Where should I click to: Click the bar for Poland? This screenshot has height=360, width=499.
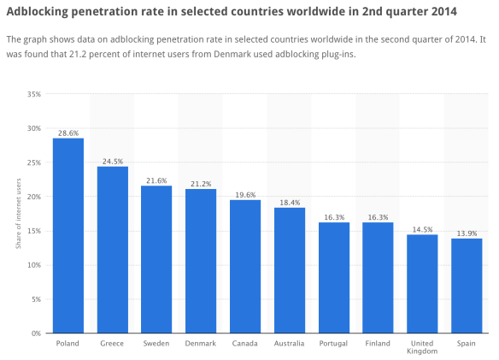click(68, 235)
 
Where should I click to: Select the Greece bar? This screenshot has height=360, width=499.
click(112, 250)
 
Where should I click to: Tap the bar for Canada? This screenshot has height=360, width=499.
click(245, 266)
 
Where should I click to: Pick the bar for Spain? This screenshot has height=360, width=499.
click(467, 286)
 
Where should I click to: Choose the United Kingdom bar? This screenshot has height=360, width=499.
click(422, 284)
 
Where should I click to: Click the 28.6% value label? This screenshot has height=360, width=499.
click(68, 133)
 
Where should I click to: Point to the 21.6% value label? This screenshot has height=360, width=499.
click(156, 181)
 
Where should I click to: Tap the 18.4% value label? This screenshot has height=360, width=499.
click(290, 203)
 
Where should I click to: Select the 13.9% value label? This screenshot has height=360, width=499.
click(467, 233)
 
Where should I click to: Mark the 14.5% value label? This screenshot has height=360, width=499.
click(422, 229)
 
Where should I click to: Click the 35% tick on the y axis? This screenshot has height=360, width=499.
click(33, 94)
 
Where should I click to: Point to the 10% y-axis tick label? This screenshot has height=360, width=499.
click(33, 265)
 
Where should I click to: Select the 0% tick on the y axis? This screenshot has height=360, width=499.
click(35, 333)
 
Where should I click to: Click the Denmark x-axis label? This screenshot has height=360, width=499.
click(201, 344)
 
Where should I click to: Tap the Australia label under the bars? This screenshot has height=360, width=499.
click(290, 344)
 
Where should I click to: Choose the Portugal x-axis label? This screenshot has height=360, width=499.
click(334, 344)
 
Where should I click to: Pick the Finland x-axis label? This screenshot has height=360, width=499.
click(378, 344)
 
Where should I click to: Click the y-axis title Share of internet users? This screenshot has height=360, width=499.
click(19, 214)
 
